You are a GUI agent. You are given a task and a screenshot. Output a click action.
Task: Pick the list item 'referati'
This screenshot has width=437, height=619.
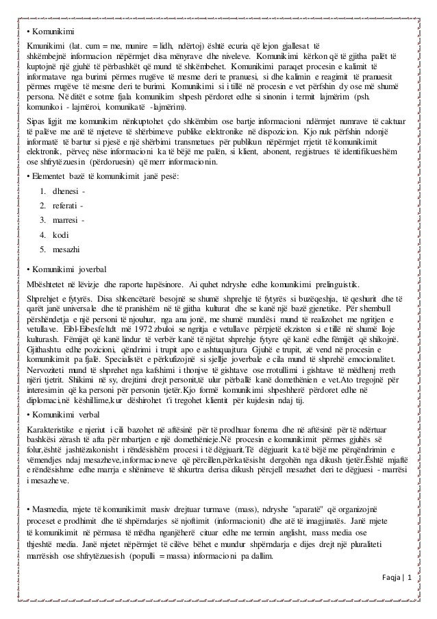(67, 206)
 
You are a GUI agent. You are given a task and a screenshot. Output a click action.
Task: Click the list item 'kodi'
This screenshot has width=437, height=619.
(61, 235)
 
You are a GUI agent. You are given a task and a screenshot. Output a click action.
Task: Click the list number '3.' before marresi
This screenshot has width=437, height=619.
(43, 220)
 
